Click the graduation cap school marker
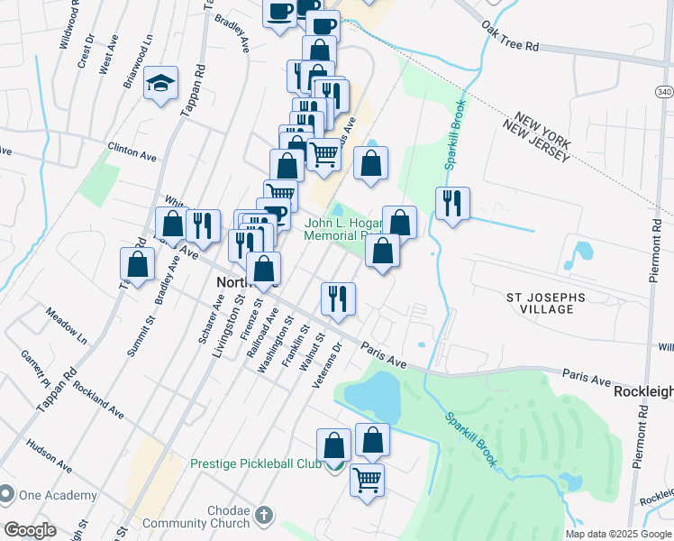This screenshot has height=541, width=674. click(x=160, y=84)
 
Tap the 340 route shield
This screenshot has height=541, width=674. click(x=662, y=91)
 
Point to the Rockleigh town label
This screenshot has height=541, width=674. click(x=643, y=392)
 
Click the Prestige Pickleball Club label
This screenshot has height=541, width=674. click(x=256, y=463)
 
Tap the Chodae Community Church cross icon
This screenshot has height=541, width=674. click(x=263, y=515)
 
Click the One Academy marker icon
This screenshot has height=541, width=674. click(x=7, y=495)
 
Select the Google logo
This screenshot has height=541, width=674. click(x=30, y=530)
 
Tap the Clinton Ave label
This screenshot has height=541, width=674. click(x=132, y=151)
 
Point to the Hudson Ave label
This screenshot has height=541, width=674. click(x=50, y=455)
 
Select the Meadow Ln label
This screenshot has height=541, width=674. click(x=68, y=326)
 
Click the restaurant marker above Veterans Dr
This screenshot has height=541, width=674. click(x=338, y=298)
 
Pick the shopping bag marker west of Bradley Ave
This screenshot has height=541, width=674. click(x=137, y=264)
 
